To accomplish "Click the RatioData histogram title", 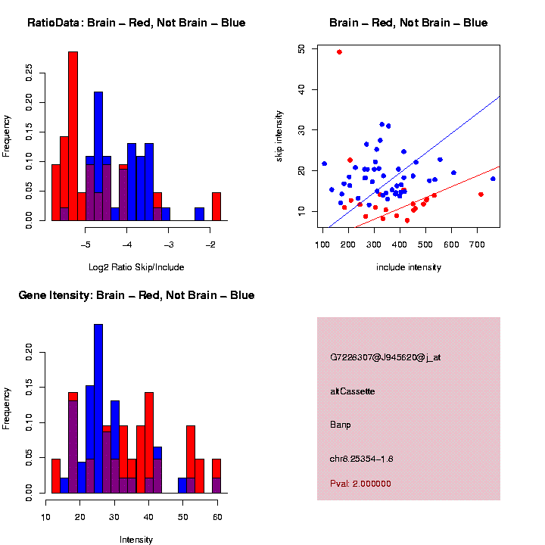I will click(136, 23).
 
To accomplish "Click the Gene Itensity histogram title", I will click(136, 295).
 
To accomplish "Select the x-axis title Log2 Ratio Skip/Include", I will click(135, 267).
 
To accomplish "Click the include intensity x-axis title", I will click(409, 267).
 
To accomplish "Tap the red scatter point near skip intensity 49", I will click(339, 52).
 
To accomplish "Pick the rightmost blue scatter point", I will click(493, 179).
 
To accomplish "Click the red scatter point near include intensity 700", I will click(481, 195).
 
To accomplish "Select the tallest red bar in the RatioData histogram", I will click(73, 136).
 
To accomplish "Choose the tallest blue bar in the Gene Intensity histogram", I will click(98, 409).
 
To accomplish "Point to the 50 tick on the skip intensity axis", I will click(301, 48).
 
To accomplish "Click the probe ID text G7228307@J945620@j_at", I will click(385, 357).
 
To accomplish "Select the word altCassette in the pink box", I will click(352, 391).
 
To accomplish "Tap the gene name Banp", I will click(341, 425).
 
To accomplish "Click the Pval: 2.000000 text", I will click(360, 484).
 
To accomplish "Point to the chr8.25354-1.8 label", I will click(361, 459).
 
